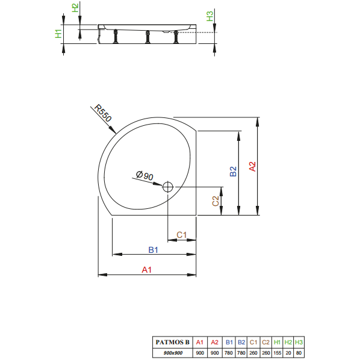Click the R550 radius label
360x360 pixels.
103,113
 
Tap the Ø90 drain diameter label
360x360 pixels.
144,176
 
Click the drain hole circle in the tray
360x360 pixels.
168,187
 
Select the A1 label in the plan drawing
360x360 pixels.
147,270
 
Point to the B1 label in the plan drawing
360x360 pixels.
153,250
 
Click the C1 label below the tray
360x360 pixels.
181,235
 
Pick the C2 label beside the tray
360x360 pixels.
216,201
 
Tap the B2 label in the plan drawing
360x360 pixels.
233,172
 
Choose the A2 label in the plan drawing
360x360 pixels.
252,166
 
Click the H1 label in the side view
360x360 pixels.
58,34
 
